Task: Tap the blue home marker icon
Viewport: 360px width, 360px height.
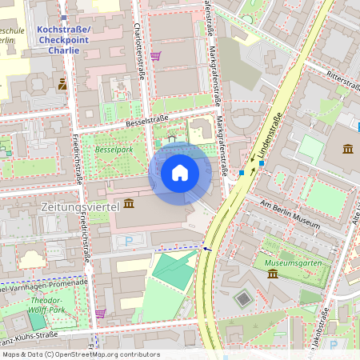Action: [x=180, y=173]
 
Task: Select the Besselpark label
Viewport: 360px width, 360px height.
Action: [x=113, y=149]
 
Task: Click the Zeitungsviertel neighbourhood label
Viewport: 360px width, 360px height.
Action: [x=79, y=206]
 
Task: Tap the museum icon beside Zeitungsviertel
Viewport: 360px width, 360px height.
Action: [x=130, y=205]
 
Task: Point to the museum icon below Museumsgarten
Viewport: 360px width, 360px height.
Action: [x=273, y=274]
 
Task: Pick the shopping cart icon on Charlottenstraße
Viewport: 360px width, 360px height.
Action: [x=155, y=56]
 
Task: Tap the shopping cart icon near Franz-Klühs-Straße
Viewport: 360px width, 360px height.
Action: [x=100, y=313]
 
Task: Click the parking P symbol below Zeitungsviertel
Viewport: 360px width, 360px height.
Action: [x=129, y=240]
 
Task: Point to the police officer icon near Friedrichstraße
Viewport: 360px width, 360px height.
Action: [x=62, y=82]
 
